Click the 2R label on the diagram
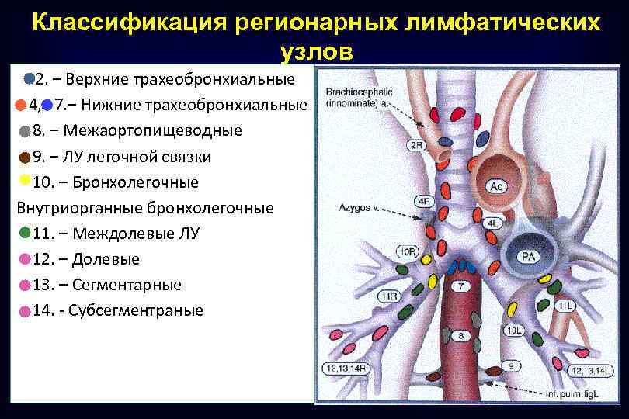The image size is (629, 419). click(x=416, y=145)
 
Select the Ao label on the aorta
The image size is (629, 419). click(x=496, y=186)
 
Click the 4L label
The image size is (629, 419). click(x=492, y=223)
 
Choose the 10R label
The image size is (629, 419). click(x=407, y=252)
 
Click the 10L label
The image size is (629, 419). click(x=515, y=331)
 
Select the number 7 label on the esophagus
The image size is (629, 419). click(x=461, y=286)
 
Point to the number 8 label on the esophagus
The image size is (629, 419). click(x=461, y=336)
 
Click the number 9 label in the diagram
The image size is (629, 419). click(x=510, y=365)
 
